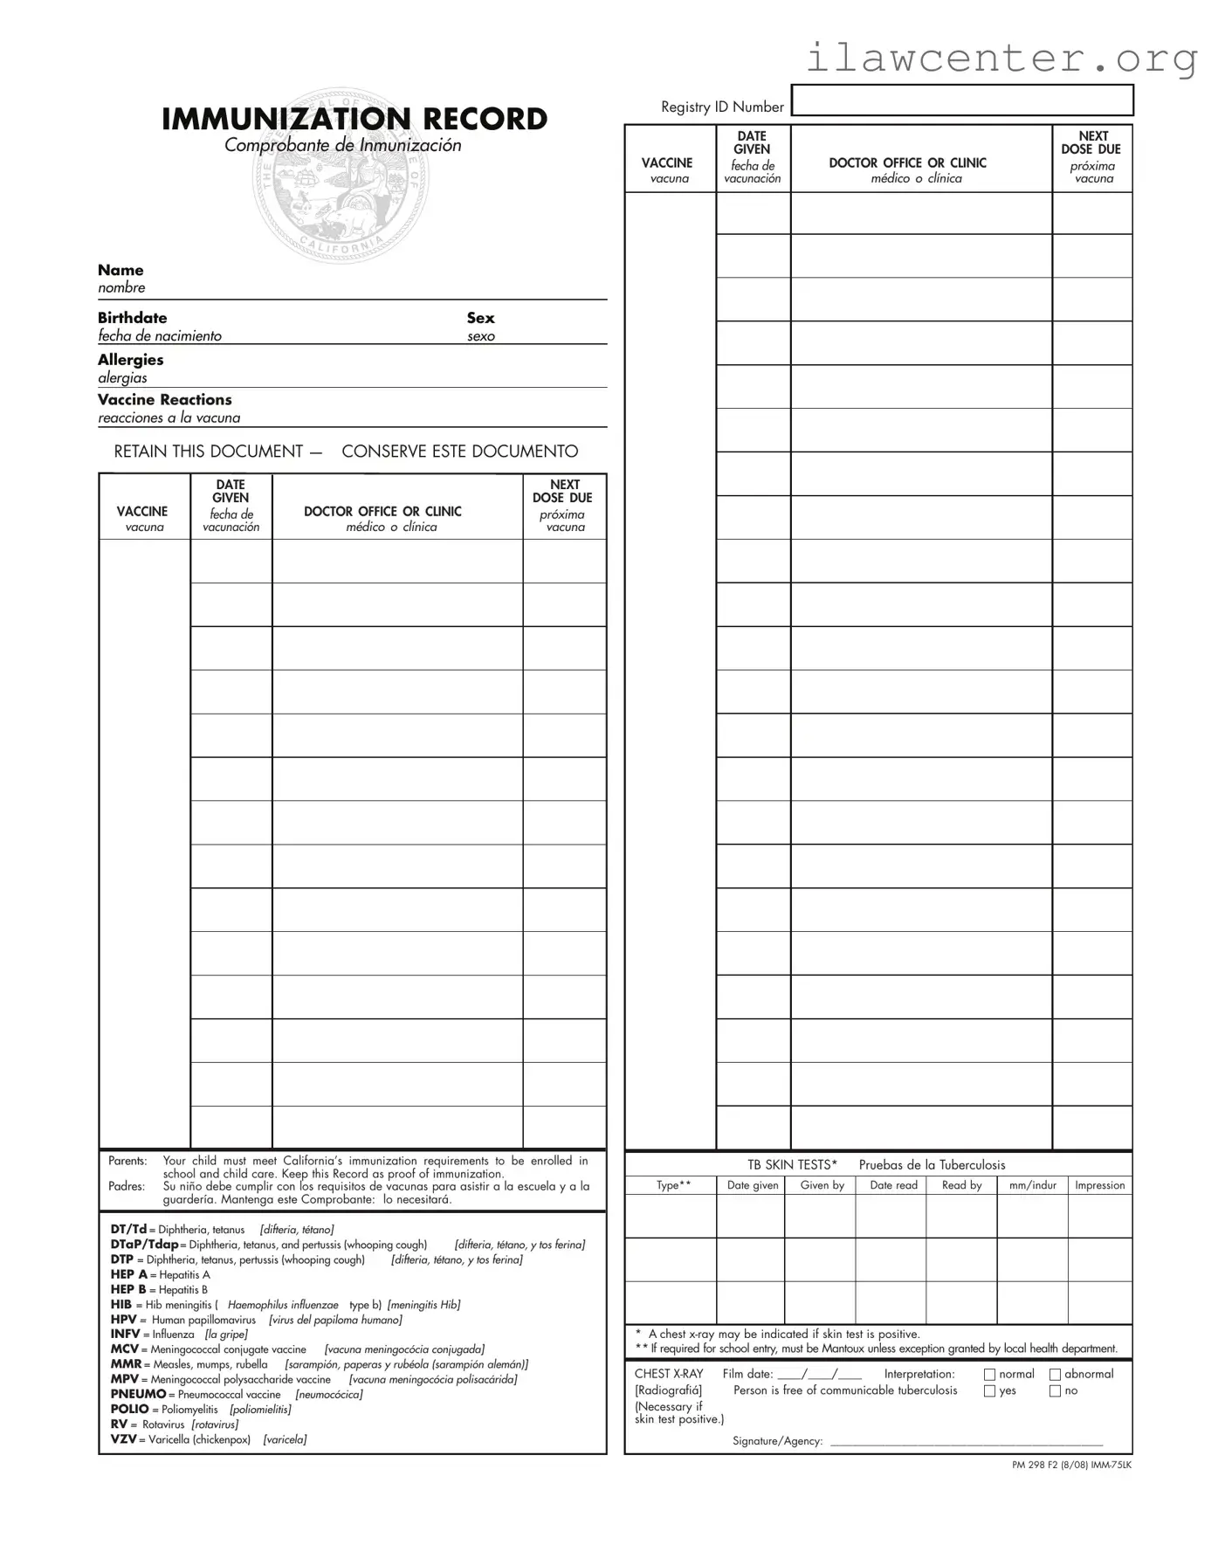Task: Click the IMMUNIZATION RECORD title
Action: (354, 119)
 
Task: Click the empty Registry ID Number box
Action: (961, 100)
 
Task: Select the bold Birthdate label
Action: (132, 318)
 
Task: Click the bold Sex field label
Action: (480, 318)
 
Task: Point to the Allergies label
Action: (130, 360)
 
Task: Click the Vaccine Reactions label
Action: (164, 400)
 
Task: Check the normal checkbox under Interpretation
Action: (989, 1375)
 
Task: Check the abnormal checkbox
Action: (1055, 1375)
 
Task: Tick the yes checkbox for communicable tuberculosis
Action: (989, 1391)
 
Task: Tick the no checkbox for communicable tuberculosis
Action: (1055, 1391)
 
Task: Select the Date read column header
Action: (893, 1185)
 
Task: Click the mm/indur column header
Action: (1032, 1185)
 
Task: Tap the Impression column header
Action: (1099, 1185)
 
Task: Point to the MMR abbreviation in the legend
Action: (126, 1364)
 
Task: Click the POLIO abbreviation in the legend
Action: (129, 1409)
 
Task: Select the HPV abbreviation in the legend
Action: (124, 1320)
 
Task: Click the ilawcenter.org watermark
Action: (1001, 58)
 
